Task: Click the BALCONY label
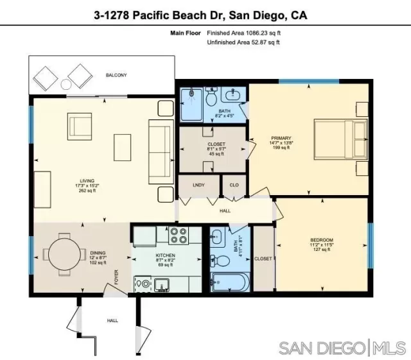(x=116, y=76)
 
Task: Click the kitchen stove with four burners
(x=178, y=236)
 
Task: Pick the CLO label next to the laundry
(x=234, y=185)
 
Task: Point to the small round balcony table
(x=66, y=85)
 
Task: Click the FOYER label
(x=117, y=277)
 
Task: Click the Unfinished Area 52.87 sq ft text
(x=243, y=42)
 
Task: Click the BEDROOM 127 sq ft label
(x=322, y=244)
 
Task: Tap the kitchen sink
(x=163, y=283)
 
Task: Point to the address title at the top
(x=205, y=13)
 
